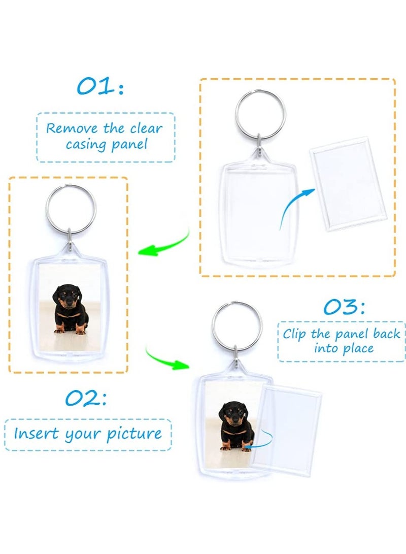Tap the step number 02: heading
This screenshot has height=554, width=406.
(x=86, y=398)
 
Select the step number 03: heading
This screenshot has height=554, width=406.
(x=344, y=307)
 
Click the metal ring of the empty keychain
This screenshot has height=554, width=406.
(x=260, y=115)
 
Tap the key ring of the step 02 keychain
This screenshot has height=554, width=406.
(x=71, y=209)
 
